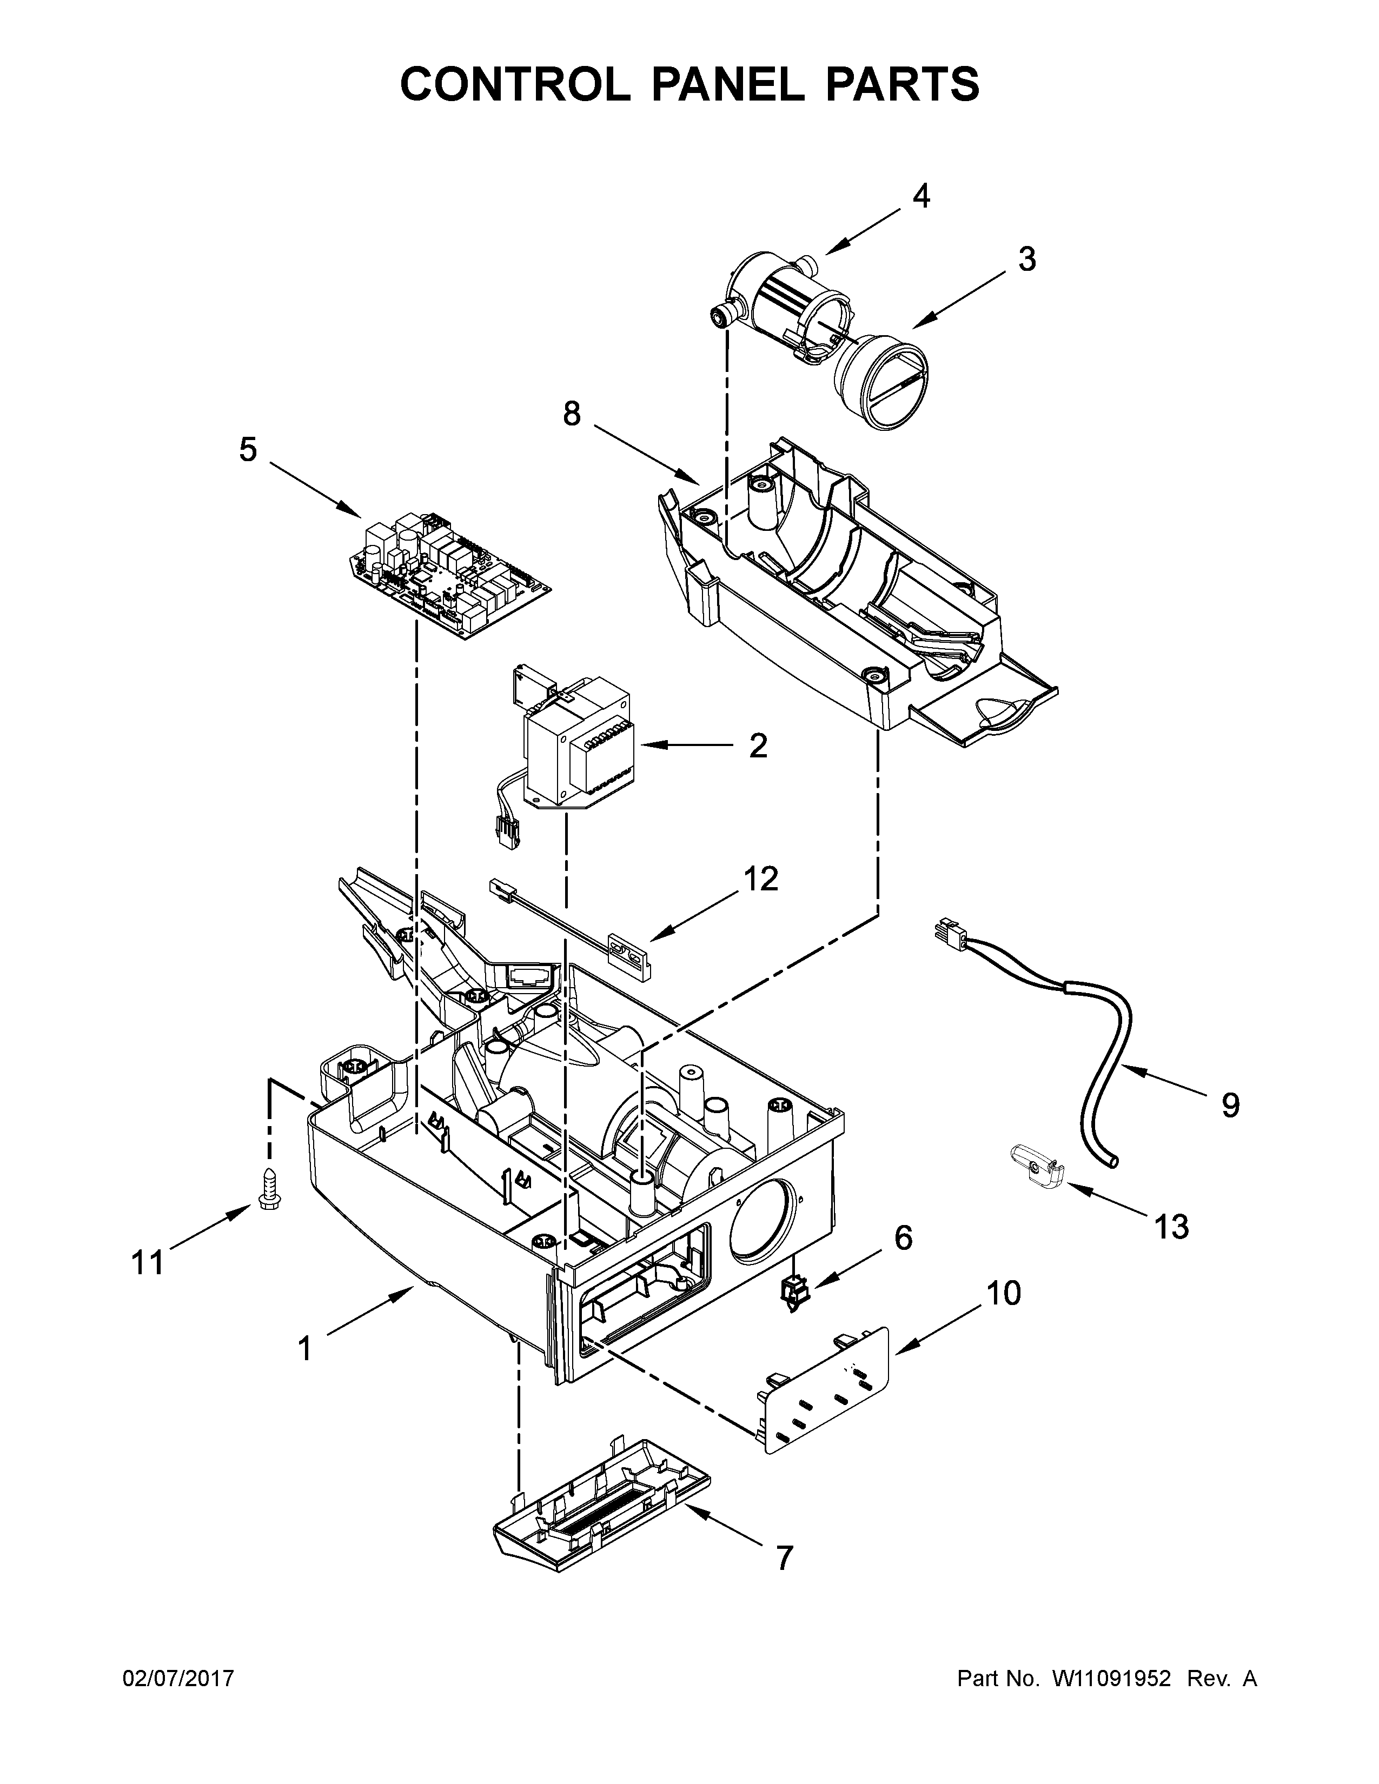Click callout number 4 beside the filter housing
pyautogui.click(x=921, y=196)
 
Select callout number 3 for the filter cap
pyautogui.click(x=1027, y=259)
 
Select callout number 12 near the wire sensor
pyautogui.click(x=760, y=879)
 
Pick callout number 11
pyautogui.click(x=147, y=1263)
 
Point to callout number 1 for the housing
pyautogui.click(x=304, y=1349)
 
